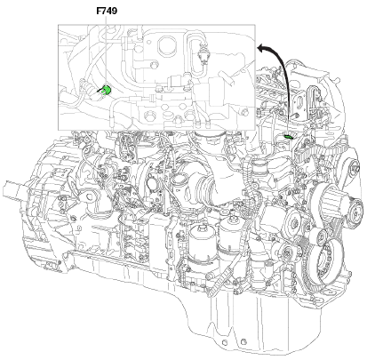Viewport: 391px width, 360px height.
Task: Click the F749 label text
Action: coord(107,11)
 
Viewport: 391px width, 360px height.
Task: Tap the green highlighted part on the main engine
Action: coord(288,137)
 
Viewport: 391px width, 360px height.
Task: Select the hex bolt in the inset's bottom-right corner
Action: coord(243,113)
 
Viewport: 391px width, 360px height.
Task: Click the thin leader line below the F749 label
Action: coord(106,51)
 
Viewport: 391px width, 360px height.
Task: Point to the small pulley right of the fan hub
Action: coord(355,212)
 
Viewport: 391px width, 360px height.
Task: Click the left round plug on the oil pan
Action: coord(225,342)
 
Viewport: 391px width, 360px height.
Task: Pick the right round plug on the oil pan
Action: coord(243,342)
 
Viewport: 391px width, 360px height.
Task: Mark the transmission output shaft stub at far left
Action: coord(13,189)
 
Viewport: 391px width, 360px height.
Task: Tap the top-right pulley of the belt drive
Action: coord(353,168)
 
